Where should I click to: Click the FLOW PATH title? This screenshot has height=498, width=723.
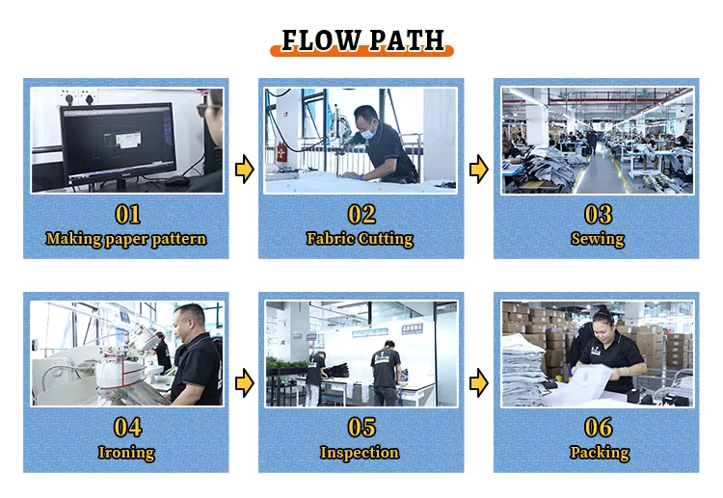click(x=361, y=40)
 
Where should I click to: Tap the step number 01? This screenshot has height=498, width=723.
click(x=127, y=214)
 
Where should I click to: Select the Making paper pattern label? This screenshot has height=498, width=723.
click(x=126, y=238)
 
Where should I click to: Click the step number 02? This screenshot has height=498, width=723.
click(x=361, y=214)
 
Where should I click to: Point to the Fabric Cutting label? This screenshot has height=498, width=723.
click(x=360, y=238)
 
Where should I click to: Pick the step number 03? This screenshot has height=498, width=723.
click(x=597, y=214)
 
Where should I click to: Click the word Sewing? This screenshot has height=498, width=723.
click(x=597, y=238)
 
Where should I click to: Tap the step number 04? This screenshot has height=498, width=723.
click(x=127, y=427)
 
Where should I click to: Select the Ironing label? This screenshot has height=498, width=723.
click(x=126, y=452)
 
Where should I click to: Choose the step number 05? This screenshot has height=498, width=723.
click(x=361, y=427)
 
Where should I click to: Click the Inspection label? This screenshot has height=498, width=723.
click(x=360, y=452)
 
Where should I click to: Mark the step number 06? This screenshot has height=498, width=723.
click(x=597, y=427)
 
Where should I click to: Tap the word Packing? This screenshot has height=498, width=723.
click(x=598, y=452)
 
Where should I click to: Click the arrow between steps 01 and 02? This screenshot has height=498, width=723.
click(x=245, y=170)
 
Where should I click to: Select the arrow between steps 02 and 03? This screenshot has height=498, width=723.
click(x=478, y=170)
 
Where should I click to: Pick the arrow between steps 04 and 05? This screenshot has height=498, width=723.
click(x=245, y=384)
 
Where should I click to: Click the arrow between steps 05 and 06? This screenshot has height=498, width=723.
click(x=478, y=384)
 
